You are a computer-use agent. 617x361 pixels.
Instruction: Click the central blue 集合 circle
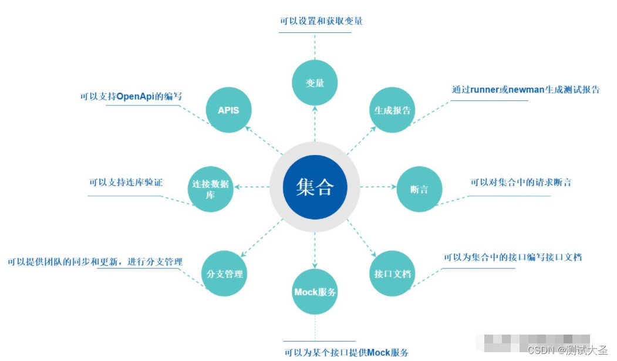(315, 187)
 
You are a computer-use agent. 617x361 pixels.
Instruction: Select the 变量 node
(315, 83)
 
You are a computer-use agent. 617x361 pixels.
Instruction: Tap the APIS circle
(228, 110)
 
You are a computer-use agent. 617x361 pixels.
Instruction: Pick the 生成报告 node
(392, 110)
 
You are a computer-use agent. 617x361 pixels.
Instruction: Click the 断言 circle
(419, 189)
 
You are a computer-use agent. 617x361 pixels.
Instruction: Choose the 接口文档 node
(392, 274)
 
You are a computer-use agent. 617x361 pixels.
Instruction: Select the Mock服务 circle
(315, 292)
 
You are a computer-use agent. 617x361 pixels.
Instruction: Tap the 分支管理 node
(225, 274)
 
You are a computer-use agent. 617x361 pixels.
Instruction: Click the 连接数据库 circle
(210, 189)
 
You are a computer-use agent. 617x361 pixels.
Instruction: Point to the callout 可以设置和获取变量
(321, 21)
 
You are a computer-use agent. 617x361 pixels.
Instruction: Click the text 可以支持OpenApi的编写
(131, 96)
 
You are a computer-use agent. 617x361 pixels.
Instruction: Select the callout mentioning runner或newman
(525, 90)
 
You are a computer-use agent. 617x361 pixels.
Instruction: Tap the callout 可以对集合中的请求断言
(521, 183)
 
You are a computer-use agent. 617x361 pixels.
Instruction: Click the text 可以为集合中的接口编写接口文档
(513, 257)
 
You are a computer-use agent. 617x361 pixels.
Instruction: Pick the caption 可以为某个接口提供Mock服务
(346, 352)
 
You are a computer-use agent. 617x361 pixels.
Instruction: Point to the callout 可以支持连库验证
(126, 183)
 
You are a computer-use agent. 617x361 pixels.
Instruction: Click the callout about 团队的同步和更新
(95, 261)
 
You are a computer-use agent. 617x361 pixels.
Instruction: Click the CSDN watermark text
(567, 350)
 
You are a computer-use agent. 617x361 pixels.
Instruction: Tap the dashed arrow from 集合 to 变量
(315, 124)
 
